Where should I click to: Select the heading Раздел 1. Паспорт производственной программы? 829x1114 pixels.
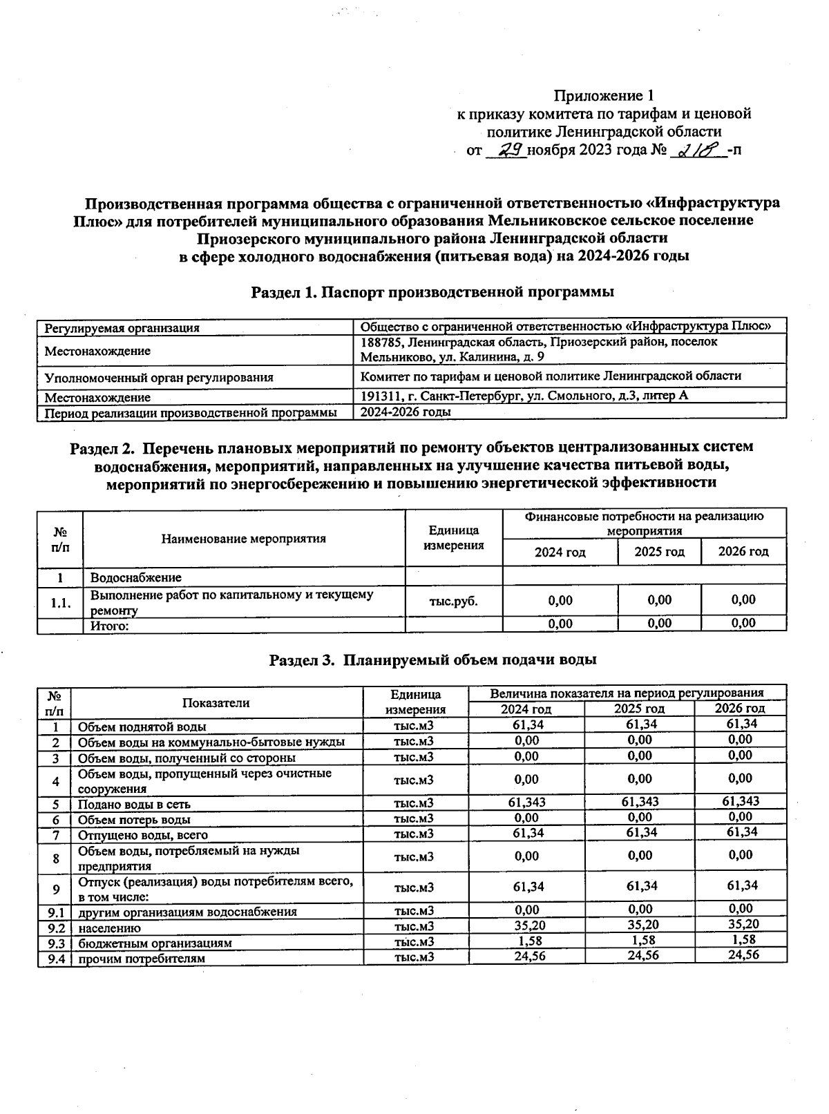[432, 291]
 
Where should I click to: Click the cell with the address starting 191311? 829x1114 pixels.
[524, 396]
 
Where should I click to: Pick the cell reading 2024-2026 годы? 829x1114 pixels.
[406, 412]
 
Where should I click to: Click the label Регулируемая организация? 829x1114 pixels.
[122, 328]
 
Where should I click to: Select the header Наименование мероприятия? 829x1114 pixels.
[243, 539]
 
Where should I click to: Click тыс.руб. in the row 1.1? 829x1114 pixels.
[453, 601]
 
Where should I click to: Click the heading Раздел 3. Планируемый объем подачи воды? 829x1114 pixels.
[432, 660]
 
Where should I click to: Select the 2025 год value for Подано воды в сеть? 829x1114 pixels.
[640, 802]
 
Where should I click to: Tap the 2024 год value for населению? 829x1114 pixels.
[526, 925]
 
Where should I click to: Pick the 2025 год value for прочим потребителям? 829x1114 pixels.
[640, 956]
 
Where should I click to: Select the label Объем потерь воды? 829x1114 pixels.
[134, 820]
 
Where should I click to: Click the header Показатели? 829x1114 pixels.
[216, 703]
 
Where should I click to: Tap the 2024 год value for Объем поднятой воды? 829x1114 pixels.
[526, 724]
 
